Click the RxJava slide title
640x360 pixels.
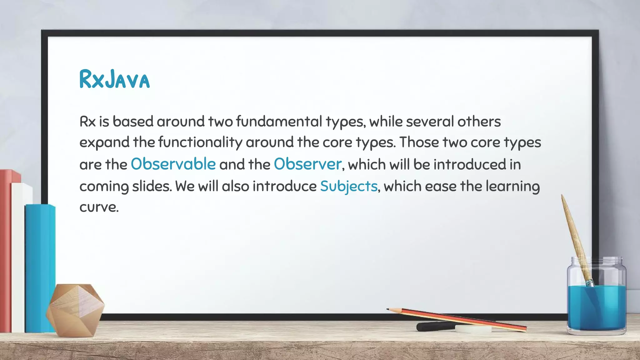(x=114, y=79)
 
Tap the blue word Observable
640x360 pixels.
(x=173, y=164)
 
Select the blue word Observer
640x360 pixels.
(x=307, y=164)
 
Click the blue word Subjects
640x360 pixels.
(x=349, y=186)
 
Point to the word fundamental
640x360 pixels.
(x=279, y=121)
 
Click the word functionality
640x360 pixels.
(x=200, y=142)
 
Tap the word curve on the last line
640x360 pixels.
(x=99, y=207)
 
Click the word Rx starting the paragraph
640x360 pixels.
(x=87, y=121)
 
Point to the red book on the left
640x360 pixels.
(x=6, y=250)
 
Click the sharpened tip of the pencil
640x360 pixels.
(x=388, y=309)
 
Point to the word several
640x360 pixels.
(x=430, y=121)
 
